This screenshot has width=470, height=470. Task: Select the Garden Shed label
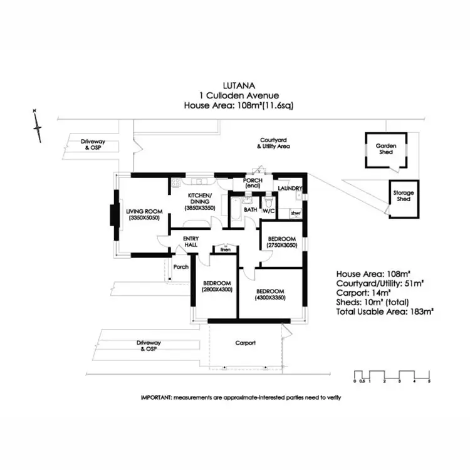pos(384,149)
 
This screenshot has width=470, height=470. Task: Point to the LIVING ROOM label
pos(144,211)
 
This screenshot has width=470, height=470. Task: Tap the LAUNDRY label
pos(290,188)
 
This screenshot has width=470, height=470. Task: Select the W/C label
pos(269,211)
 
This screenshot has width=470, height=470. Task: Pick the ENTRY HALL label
pos(190,241)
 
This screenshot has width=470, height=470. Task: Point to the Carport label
pos(245,343)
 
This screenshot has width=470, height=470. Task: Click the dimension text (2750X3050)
pos(282,246)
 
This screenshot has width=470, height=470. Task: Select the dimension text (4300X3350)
pos(270,298)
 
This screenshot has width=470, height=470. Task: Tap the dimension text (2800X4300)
pos(216,290)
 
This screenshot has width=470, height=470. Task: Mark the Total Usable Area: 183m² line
pos(385,311)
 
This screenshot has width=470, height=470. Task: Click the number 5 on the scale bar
pos(429,381)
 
